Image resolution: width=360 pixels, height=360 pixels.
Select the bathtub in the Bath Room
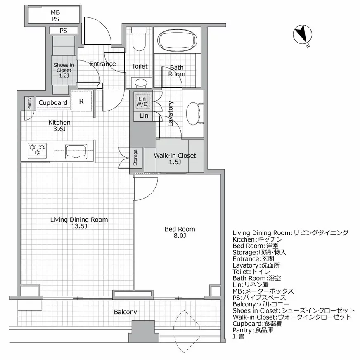coord(177,40)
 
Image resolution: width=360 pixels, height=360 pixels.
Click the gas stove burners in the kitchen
coord(37,149)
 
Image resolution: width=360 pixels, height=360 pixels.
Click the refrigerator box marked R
coord(82,102)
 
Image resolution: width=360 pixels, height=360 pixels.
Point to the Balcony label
coord(125,312)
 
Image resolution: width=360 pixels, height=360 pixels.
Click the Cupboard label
coord(53,102)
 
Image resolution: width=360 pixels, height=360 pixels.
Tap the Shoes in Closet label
coord(64,70)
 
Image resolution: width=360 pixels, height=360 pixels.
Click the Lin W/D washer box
coord(142,102)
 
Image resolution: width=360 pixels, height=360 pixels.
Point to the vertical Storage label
coord(135,157)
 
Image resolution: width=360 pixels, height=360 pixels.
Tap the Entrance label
coord(102,64)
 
